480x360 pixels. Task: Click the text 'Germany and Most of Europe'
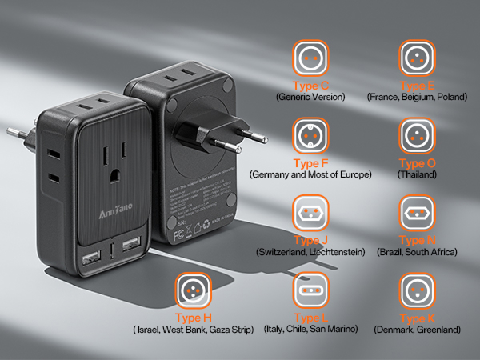(x=311, y=174)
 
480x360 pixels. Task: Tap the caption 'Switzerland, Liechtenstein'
(x=311, y=252)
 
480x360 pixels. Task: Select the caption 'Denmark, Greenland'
(x=417, y=329)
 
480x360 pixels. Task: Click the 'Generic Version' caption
(x=311, y=97)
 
